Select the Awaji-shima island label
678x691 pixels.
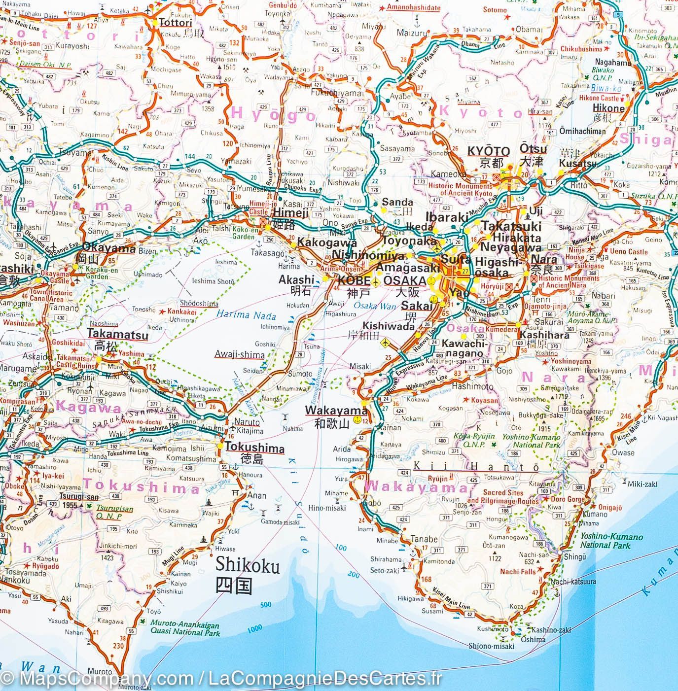pyautogui.click(x=239, y=354)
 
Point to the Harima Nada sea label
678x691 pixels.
pyautogui.click(x=246, y=315)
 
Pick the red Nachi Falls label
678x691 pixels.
pyautogui.click(x=517, y=571)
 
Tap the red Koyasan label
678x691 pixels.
pyautogui.click(x=484, y=400)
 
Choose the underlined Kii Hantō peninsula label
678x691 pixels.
pyautogui.click(x=475, y=467)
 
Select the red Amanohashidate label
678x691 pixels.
pyautogui.click(x=413, y=7)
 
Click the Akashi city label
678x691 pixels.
pyautogui.click(x=296, y=279)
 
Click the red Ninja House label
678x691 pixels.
pyautogui.click(x=575, y=253)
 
